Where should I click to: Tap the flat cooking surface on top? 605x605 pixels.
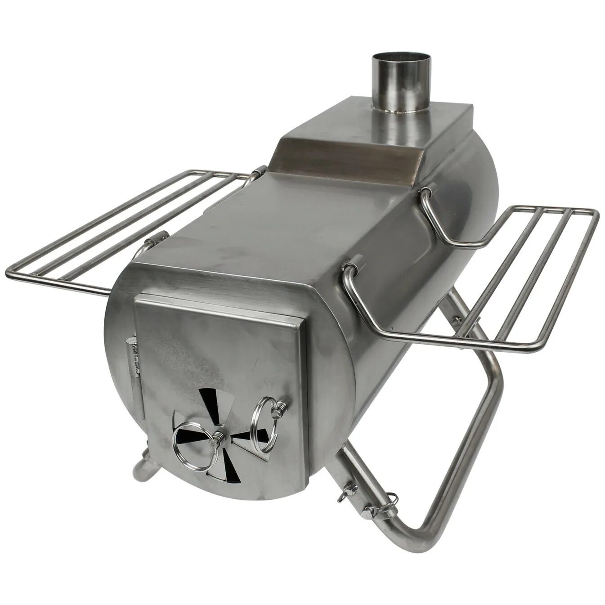click(279, 216)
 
